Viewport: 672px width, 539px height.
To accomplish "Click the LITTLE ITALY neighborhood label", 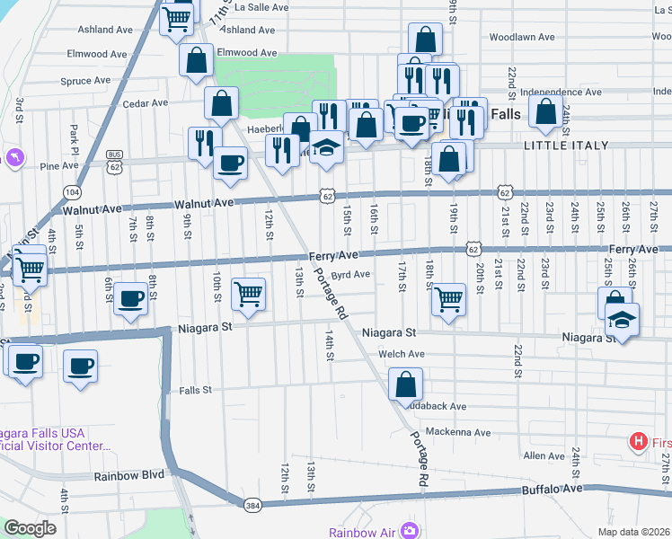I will click(x=567, y=146).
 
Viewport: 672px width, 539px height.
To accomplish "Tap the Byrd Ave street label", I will click(x=350, y=275).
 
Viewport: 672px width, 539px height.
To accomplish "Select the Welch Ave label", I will click(x=402, y=354).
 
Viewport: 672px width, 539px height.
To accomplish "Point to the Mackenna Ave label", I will click(x=457, y=432).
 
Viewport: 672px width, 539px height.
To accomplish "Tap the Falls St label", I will click(x=195, y=390).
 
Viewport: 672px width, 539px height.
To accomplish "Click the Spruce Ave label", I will click(x=85, y=80).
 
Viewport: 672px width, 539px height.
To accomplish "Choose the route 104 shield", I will click(x=73, y=192).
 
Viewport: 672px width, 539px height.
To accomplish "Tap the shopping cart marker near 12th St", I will click(x=248, y=293).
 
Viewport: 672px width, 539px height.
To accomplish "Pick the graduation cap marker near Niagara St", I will click(x=622, y=319).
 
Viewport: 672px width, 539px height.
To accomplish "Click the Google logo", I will click(x=30, y=528).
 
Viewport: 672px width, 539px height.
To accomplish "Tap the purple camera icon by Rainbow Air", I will click(x=411, y=531).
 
